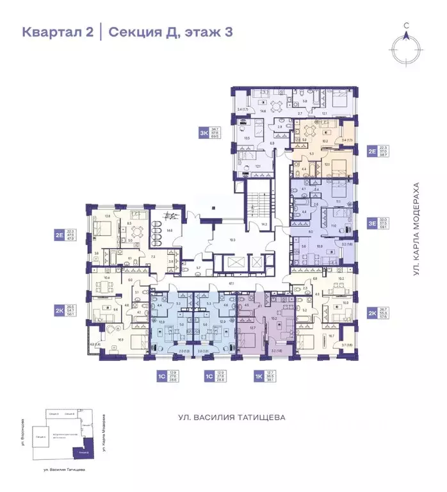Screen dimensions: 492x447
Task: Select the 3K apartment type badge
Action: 204,133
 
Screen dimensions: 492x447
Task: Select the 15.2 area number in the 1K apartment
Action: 273,318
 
